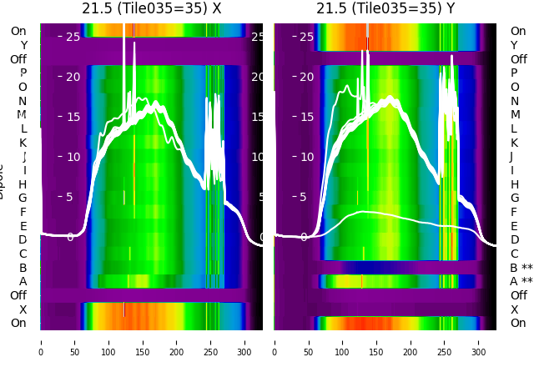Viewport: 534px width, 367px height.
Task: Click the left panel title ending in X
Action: pyautogui.click(x=151, y=8)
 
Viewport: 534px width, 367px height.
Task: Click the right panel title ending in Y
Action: pyautogui.click(x=385, y=8)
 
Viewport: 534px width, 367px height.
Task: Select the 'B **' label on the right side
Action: pyautogui.click(x=521, y=268)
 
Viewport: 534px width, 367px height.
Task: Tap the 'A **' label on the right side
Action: pyautogui.click(x=521, y=281)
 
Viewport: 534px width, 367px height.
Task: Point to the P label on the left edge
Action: pyautogui.click(x=23, y=73)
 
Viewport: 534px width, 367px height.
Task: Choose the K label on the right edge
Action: pyautogui.click(x=514, y=143)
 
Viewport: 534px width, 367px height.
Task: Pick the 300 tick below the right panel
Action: pyautogui.click(x=479, y=341)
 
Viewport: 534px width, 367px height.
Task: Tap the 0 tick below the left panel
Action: pyautogui.click(x=41, y=341)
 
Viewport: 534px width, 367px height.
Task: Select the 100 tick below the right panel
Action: pyautogui.click(x=343, y=341)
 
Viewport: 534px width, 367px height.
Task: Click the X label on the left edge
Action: pyautogui.click(x=23, y=309)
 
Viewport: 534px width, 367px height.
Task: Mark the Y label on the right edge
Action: pyautogui.click(x=514, y=45)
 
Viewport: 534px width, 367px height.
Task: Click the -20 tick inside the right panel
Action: pyautogui.click(x=305, y=77)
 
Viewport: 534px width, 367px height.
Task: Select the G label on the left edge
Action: pyautogui.click(x=23, y=198)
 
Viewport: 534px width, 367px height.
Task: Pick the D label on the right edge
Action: pyautogui.click(x=514, y=240)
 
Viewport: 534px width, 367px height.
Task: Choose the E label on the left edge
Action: pyautogui.click(x=23, y=226)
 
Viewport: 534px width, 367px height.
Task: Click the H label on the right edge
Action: pyautogui.click(x=514, y=184)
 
